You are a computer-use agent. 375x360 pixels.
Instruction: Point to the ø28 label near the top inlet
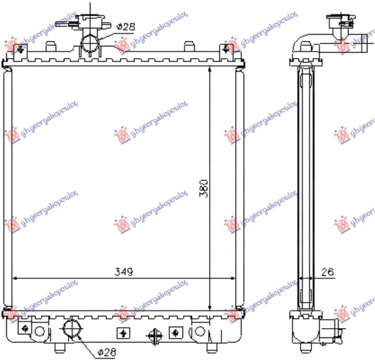125,27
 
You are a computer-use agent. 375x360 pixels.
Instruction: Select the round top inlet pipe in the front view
90,44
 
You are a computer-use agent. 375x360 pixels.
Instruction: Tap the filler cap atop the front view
86,21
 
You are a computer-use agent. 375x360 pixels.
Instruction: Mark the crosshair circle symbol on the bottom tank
154,336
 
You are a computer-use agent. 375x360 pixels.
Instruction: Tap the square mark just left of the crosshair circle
123,332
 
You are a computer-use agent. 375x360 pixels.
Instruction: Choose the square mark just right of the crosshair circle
175,332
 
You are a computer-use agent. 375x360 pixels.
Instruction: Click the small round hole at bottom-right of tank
200,332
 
